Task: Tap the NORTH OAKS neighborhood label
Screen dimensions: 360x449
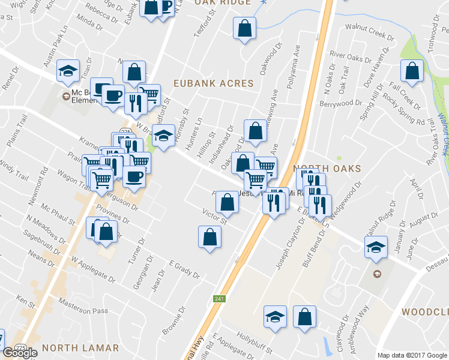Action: [327, 169]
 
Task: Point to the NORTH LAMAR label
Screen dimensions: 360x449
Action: [80, 347]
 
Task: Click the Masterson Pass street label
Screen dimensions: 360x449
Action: [82, 311]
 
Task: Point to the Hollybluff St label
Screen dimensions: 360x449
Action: [255, 342]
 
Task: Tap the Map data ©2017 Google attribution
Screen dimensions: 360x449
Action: [412, 355]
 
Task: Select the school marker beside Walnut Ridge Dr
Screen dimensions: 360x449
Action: [375, 247]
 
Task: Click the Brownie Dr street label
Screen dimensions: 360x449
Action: [173, 322]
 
